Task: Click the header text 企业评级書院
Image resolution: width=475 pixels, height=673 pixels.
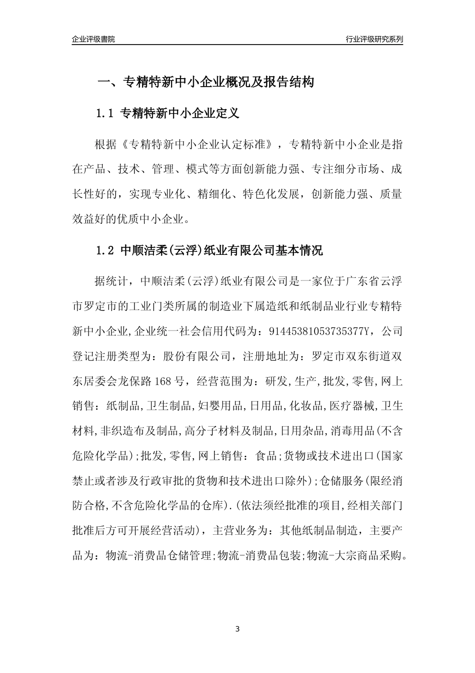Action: pyautogui.click(x=93, y=39)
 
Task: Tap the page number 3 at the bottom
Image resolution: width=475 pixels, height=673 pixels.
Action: pyautogui.click(x=237, y=629)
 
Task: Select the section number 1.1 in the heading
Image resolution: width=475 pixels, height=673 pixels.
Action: pyautogui.click(x=105, y=114)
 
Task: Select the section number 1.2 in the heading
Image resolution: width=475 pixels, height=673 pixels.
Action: pyautogui.click(x=105, y=251)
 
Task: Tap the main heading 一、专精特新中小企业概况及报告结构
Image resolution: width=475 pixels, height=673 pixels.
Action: pyautogui.click(x=205, y=82)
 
